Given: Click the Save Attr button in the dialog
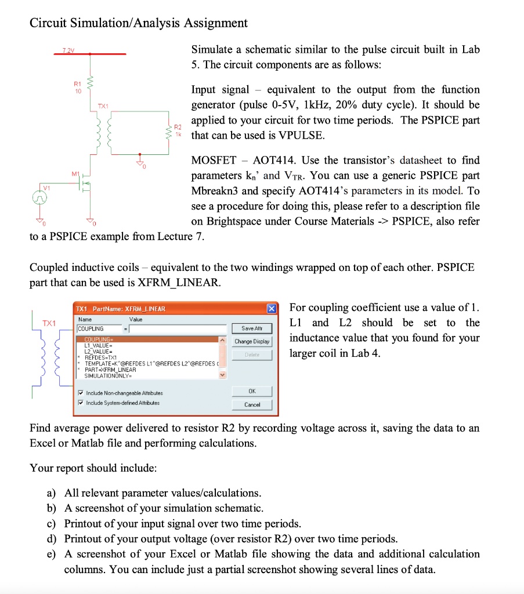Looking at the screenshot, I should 252,328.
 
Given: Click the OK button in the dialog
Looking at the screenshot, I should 252,391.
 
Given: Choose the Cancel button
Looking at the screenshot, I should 252,404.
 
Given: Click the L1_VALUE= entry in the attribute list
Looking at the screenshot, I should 97,345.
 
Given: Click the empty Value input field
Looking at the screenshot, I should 174,329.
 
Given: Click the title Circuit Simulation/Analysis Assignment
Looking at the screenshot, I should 139,23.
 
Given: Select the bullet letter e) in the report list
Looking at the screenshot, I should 52,553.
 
